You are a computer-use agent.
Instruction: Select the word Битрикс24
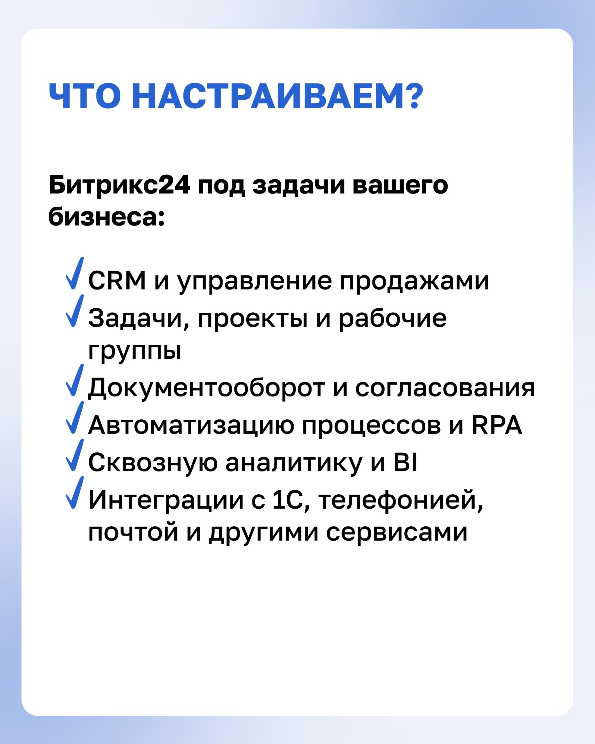point(119,186)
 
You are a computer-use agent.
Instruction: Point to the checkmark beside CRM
point(74,273)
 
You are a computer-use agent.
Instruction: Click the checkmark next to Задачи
point(74,311)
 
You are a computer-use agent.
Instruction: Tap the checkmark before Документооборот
point(74,380)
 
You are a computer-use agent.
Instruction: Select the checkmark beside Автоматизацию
point(74,418)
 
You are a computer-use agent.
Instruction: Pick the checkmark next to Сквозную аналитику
point(74,455)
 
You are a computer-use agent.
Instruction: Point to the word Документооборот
point(207,388)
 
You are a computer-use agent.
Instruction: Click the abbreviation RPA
point(497,425)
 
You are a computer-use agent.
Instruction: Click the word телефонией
point(400,500)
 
